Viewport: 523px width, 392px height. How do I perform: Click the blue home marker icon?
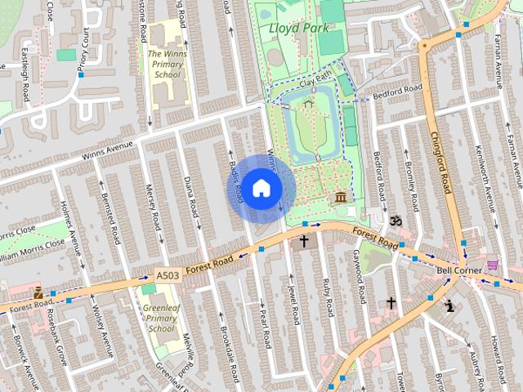pyautogui.click(x=261, y=188)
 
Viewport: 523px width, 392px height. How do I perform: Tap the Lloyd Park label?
pyautogui.click(x=293, y=29)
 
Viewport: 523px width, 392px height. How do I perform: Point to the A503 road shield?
pyautogui.click(x=167, y=276)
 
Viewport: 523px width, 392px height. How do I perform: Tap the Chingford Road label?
pyautogui.click(x=440, y=163)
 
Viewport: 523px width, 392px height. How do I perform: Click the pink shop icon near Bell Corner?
pyautogui.click(x=492, y=265)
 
